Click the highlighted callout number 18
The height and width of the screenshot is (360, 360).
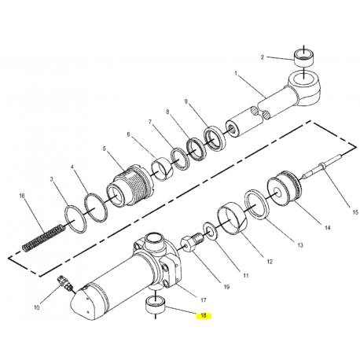pyautogui.click(x=204, y=316)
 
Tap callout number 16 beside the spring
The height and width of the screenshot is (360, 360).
pyautogui.click(x=22, y=196)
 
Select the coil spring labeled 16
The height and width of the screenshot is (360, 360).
pyautogui.click(x=43, y=237)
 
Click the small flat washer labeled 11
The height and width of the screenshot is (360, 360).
pyautogui.click(x=209, y=231)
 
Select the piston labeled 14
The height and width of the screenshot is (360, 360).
pyautogui.click(x=285, y=189)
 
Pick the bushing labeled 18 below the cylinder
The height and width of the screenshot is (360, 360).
pyautogui.click(x=156, y=303)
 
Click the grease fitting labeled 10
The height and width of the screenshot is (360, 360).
pyautogui.click(x=65, y=282)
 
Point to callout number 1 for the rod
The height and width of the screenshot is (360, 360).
pyautogui.click(x=236, y=74)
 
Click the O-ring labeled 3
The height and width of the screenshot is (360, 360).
pyautogui.click(x=75, y=219)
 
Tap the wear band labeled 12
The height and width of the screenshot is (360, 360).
pyautogui.click(x=232, y=217)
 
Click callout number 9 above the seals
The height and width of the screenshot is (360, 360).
pyautogui.click(x=186, y=101)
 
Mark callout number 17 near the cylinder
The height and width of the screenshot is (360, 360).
pyautogui.click(x=204, y=300)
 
